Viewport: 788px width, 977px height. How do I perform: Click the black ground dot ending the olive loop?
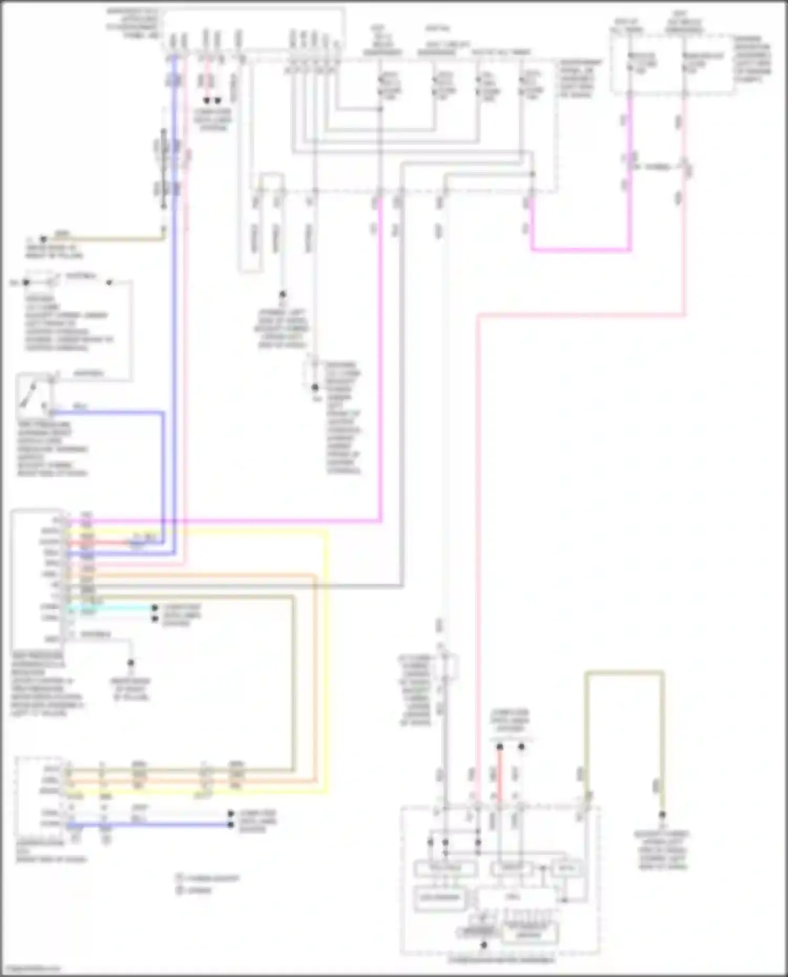[x=662, y=815]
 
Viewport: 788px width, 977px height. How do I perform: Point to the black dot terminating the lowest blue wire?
[x=231, y=824]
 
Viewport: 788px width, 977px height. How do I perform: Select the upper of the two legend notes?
[x=208, y=878]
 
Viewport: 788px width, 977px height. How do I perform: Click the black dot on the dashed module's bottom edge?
[x=484, y=945]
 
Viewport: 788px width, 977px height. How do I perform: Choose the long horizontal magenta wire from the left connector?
[x=236, y=521]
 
